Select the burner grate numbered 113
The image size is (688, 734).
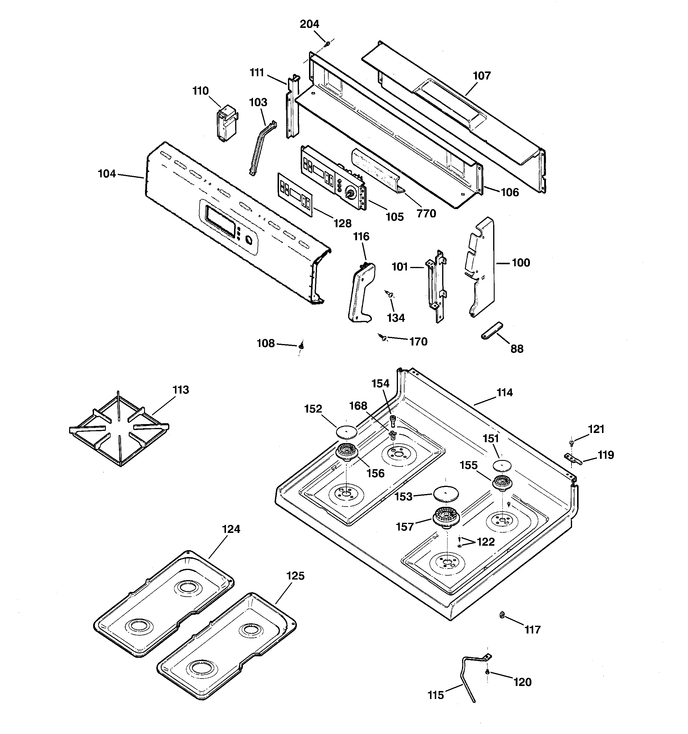[x=119, y=429]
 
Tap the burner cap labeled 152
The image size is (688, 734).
[x=347, y=431]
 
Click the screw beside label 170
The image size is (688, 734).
[x=383, y=337]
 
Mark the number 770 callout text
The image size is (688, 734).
[x=426, y=214]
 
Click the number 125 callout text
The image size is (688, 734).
[x=295, y=576]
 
